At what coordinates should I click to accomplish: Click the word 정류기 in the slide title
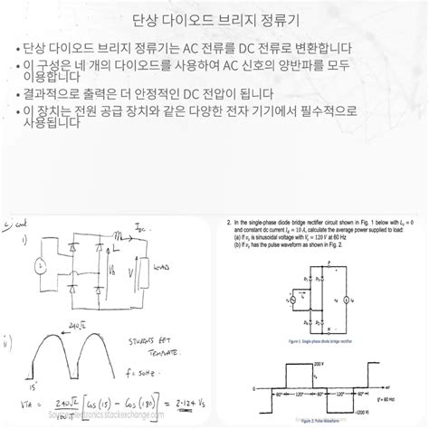tap(257, 21)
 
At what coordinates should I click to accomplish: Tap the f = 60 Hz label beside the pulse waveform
tap(397, 374)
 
